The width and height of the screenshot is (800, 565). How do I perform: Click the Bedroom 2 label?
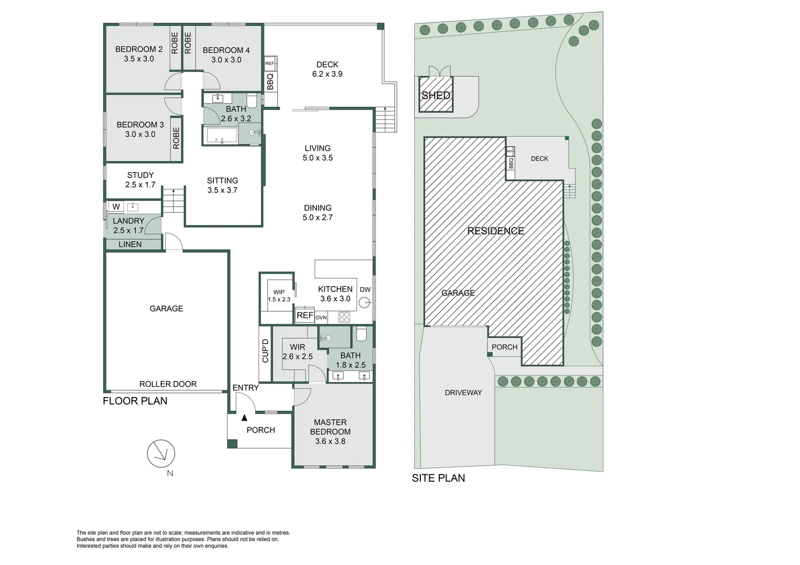(x=139, y=49)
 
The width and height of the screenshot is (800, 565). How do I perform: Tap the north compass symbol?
(x=161, y=454)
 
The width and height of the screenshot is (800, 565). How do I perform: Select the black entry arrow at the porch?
(x=245, y=417)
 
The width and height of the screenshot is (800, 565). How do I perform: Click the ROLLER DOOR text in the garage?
(x=168, y=384)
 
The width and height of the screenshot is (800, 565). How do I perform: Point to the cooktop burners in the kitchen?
(x=345, y=318)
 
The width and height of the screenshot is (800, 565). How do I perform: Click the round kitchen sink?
(x=364, y=303)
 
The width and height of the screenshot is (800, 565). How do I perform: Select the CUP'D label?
(x=265, y=351)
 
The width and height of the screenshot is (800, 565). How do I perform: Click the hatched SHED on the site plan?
(x=436, y=95)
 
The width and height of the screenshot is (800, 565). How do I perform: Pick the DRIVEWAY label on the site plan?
(x=463, y=392)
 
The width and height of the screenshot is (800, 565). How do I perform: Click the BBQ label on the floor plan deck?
(x=270, y=82)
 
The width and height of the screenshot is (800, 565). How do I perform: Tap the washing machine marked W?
(x=116, y=207)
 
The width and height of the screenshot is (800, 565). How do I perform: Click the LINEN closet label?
(x=130, y=244)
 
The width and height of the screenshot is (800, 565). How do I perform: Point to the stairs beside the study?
(x=174, y=201)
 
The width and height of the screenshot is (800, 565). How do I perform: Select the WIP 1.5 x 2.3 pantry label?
(x=279, y=296)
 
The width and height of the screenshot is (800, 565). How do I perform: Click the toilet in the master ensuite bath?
(x=361, y=334)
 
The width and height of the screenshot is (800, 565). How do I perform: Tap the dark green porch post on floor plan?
(x=232, y=444)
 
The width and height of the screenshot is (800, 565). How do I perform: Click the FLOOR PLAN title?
(x=135, y=401)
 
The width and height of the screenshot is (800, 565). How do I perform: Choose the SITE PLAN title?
(x=439, y=478)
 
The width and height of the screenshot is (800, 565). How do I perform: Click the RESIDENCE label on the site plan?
(x=496, y=231)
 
